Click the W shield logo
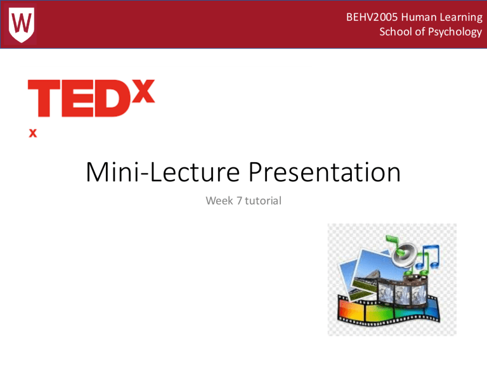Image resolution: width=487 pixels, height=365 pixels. [23, 23]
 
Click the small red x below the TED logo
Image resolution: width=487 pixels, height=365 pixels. [32, 133]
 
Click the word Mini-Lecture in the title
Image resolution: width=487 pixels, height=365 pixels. [161, 173]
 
